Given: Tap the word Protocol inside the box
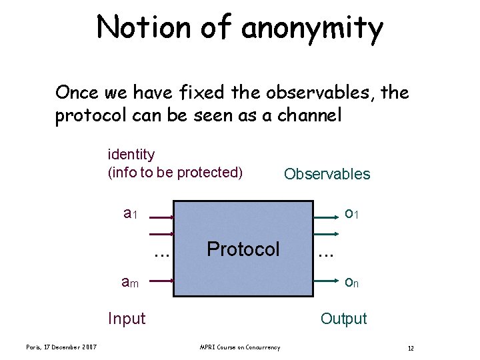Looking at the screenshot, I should (x=243, y=249).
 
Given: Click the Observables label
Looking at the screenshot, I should (x=327, y=174).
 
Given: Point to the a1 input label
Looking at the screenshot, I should (x=131, y=214).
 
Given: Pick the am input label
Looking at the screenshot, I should (x=131, y=283).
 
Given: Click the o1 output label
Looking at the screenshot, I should (x=352, y=214).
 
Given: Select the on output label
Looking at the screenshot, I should (x=352, y=283).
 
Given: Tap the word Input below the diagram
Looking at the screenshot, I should (x=127, y=319).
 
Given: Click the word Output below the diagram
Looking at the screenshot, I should (x=343, y=319).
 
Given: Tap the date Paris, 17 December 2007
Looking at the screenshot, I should (x=61, y=347).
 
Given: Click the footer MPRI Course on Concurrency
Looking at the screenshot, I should (x=239, y=347).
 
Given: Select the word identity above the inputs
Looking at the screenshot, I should (x=131, y=155).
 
